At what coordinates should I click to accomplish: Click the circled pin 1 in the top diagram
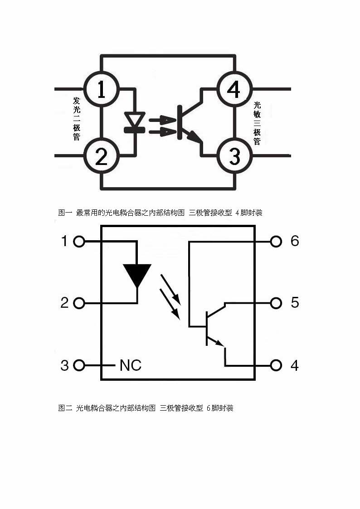101,89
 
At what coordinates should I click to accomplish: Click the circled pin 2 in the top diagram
101,156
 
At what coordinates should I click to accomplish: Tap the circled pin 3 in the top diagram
234,156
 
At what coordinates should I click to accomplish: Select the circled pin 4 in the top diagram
234,89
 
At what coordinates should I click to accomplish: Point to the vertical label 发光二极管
76,118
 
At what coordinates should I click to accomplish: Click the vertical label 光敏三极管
257,123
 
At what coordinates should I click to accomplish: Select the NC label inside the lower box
131,365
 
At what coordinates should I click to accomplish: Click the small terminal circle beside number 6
276,242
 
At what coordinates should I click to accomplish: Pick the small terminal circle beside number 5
276,303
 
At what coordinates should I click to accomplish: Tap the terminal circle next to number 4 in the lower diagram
276,365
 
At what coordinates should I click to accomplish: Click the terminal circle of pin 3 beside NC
79,365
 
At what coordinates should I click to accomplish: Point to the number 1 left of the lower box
64,241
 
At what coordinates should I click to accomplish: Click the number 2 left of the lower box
64,303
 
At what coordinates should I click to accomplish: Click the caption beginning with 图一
160,213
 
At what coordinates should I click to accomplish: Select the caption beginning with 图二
146,408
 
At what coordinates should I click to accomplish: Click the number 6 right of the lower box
295,241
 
